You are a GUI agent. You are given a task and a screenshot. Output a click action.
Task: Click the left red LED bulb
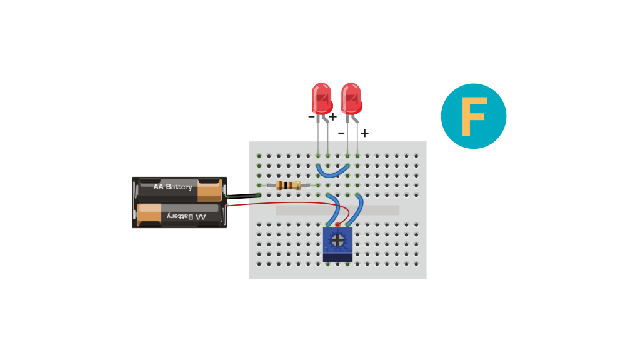coord(322,98)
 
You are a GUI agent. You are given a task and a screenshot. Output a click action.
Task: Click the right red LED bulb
coord(351,98)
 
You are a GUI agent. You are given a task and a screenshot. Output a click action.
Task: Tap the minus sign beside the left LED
coord(311,117)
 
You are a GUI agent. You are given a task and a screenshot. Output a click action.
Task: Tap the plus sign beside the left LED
coord(332,117)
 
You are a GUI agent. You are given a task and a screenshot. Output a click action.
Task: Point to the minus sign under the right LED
coord(341,133)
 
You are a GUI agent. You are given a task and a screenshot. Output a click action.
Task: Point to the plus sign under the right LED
coord(364,133)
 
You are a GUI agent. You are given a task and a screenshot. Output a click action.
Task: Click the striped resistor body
coord(288,185)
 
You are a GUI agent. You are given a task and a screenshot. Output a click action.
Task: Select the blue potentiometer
coord(337,244)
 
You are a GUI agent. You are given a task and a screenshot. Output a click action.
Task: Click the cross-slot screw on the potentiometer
coord(337,240)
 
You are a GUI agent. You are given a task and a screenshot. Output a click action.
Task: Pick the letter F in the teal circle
coord(474,116)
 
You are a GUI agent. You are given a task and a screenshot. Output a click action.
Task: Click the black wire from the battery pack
coord(244,196)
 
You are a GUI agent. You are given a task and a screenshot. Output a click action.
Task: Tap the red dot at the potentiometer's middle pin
coord(337,224)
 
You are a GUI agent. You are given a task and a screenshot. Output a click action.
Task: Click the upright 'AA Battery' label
coord(172,186)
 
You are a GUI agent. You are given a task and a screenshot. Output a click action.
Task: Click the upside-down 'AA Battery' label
coord(186,216)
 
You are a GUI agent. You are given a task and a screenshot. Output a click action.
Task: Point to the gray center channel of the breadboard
coord(337,210)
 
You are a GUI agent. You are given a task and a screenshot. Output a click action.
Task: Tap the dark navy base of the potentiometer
coord(337,258)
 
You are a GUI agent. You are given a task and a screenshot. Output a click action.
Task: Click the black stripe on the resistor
coord(287,185)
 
